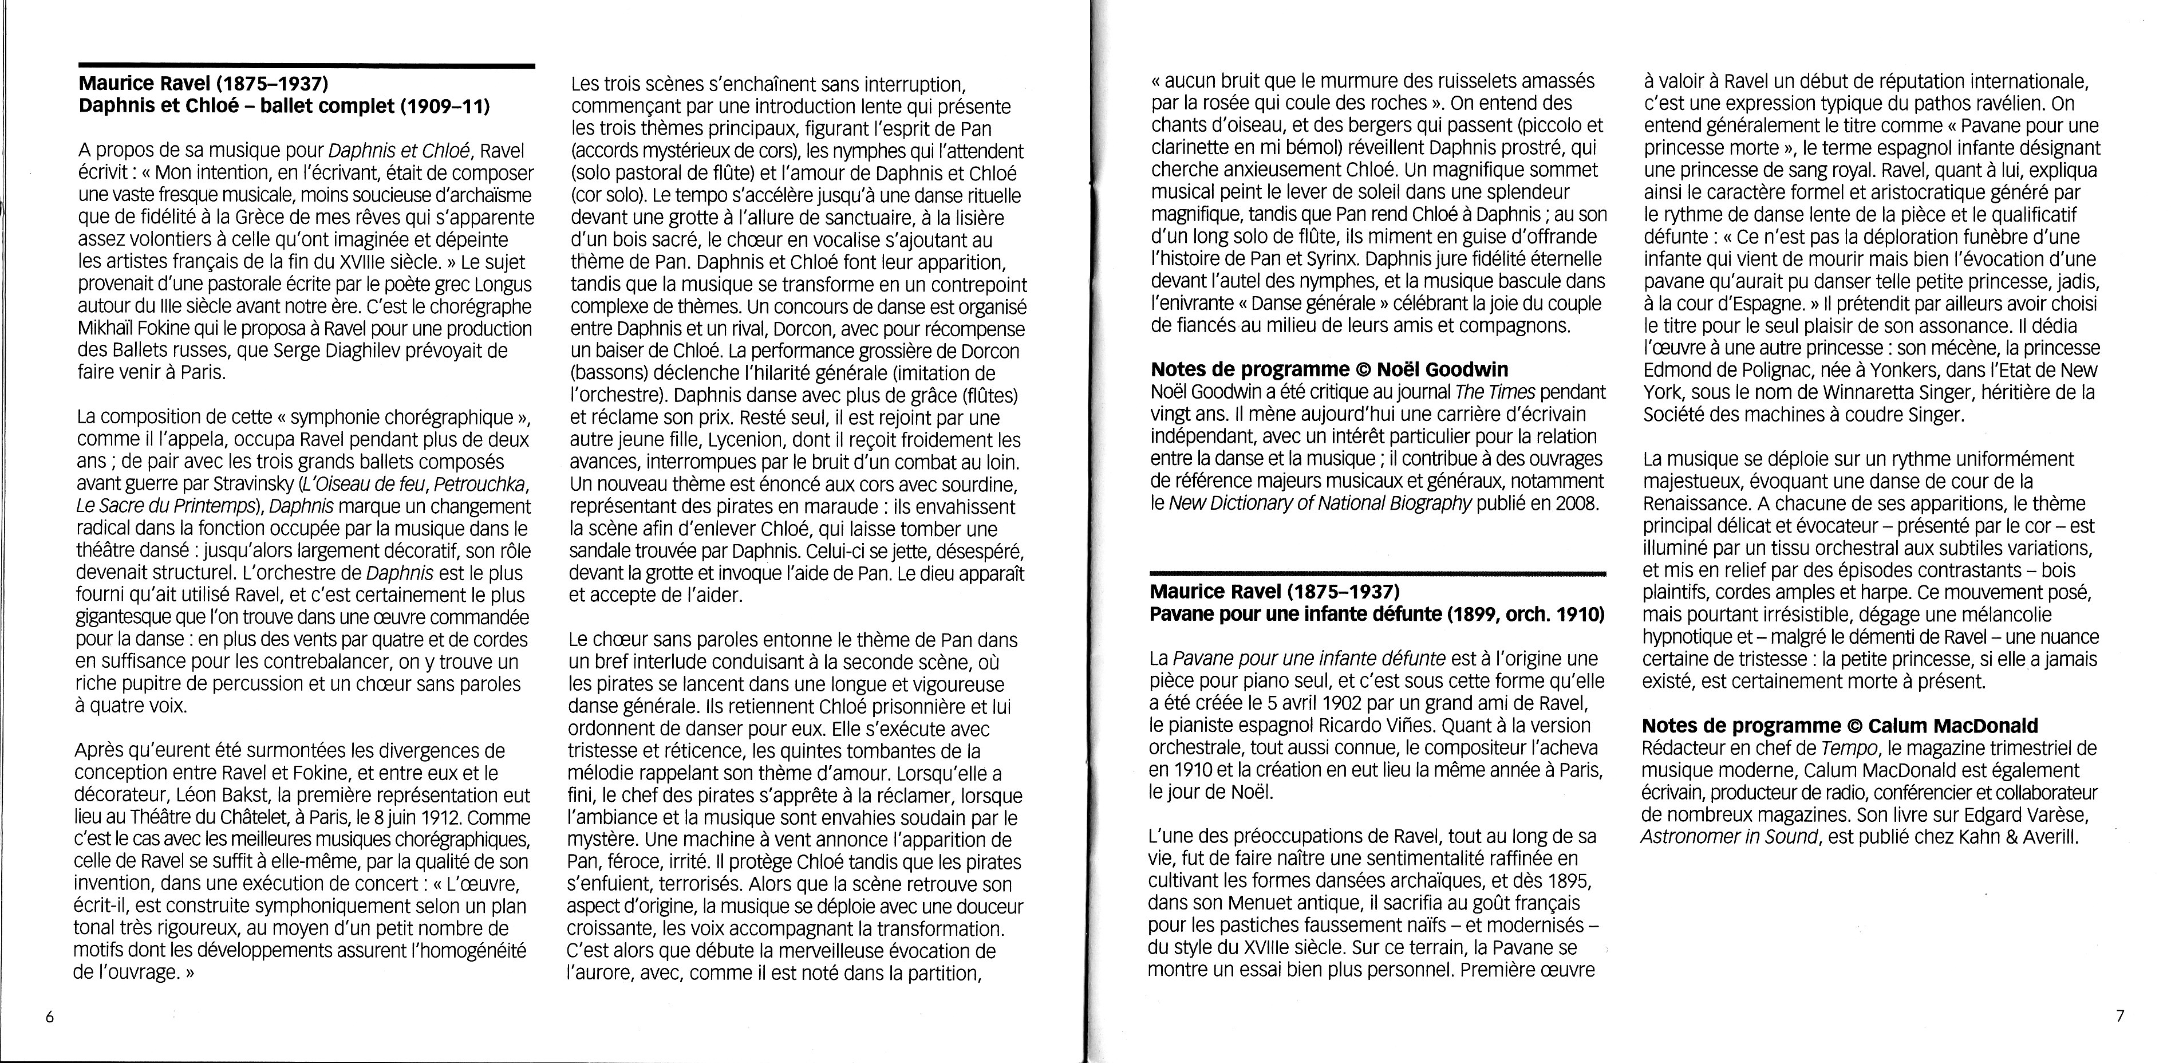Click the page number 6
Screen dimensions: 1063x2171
[x=50, y=1017]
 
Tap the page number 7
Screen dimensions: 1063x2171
[x=2121, y=1016]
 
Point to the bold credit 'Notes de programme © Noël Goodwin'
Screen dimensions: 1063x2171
[x=1329, y=369]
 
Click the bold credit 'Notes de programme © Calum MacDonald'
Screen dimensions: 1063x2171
[x=1840, y=725]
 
